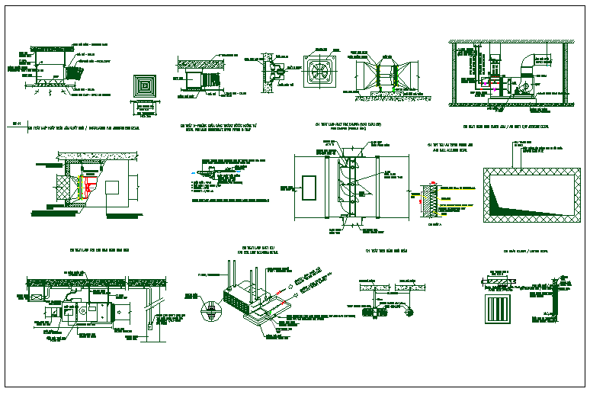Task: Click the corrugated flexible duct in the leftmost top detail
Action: (x=73, y=72)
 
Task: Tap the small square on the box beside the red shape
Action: (x=113, y=187)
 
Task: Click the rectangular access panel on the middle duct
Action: (x=309, y=188)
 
